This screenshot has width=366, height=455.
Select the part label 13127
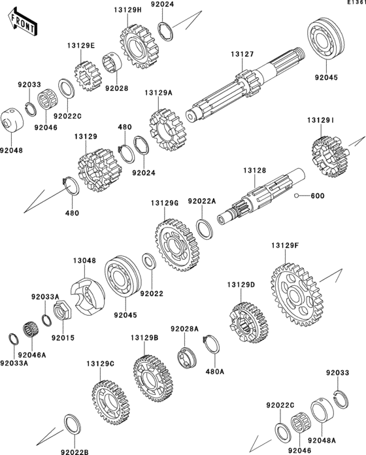[x=242, y=54]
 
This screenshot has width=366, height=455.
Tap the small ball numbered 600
[x=297, y=195]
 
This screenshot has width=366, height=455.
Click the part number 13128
[x=255, y=171]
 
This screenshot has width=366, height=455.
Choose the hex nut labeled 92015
[x=63, y=311]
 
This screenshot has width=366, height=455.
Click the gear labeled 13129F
[x=297, y=295]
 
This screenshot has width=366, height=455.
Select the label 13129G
[x=165, y=203]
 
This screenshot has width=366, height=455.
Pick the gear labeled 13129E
[x=86, y=76]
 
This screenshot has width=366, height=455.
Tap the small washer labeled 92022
[x=149, y=261]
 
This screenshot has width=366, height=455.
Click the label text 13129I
[x=320, y=120]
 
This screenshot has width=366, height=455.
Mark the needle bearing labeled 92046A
[x=31, y=329]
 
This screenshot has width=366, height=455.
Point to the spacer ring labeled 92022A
[x=205, y=229]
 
